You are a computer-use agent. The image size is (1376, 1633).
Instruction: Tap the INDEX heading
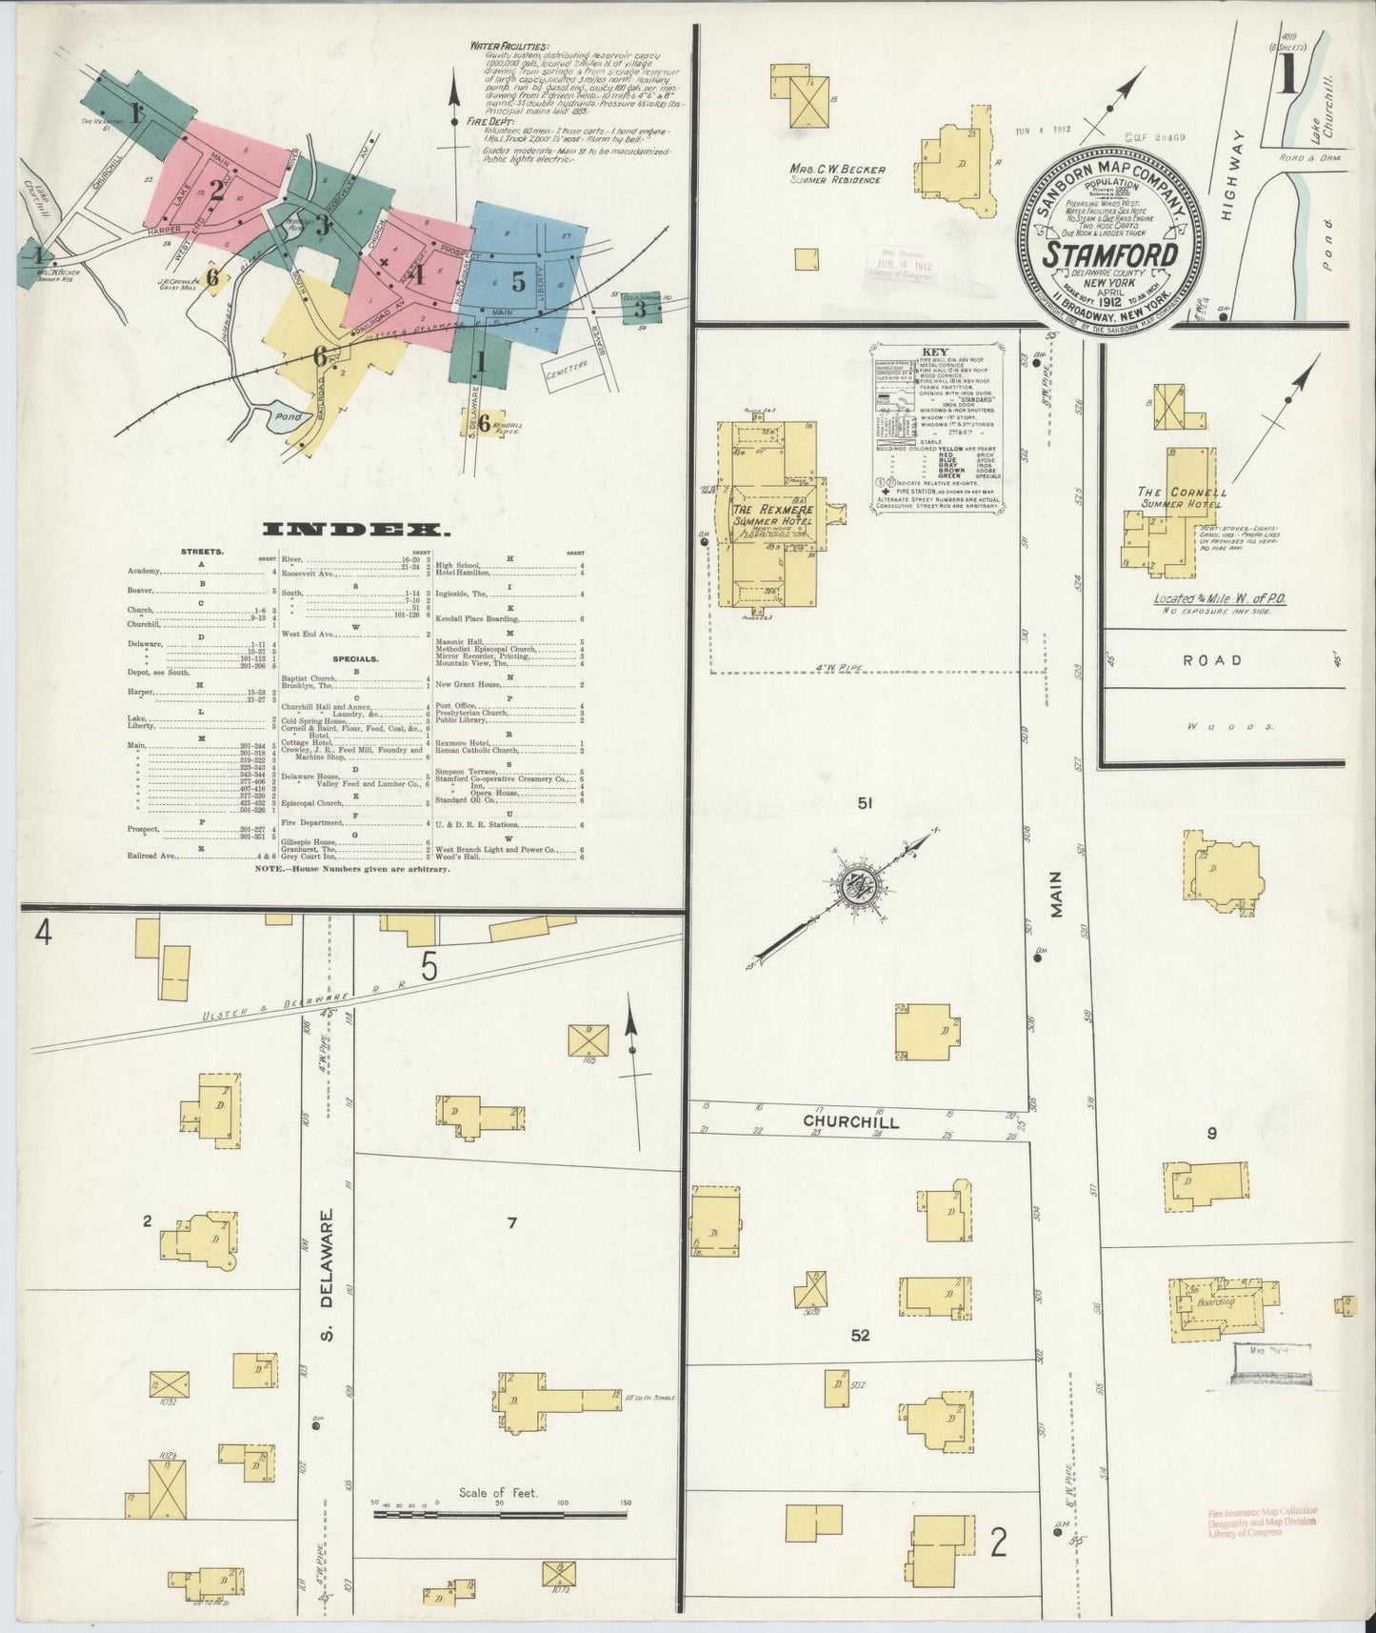357,530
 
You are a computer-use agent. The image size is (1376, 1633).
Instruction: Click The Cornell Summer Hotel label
1183,497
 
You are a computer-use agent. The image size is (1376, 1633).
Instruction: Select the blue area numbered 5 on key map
518,281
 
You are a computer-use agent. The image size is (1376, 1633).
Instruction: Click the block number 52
861,1336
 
